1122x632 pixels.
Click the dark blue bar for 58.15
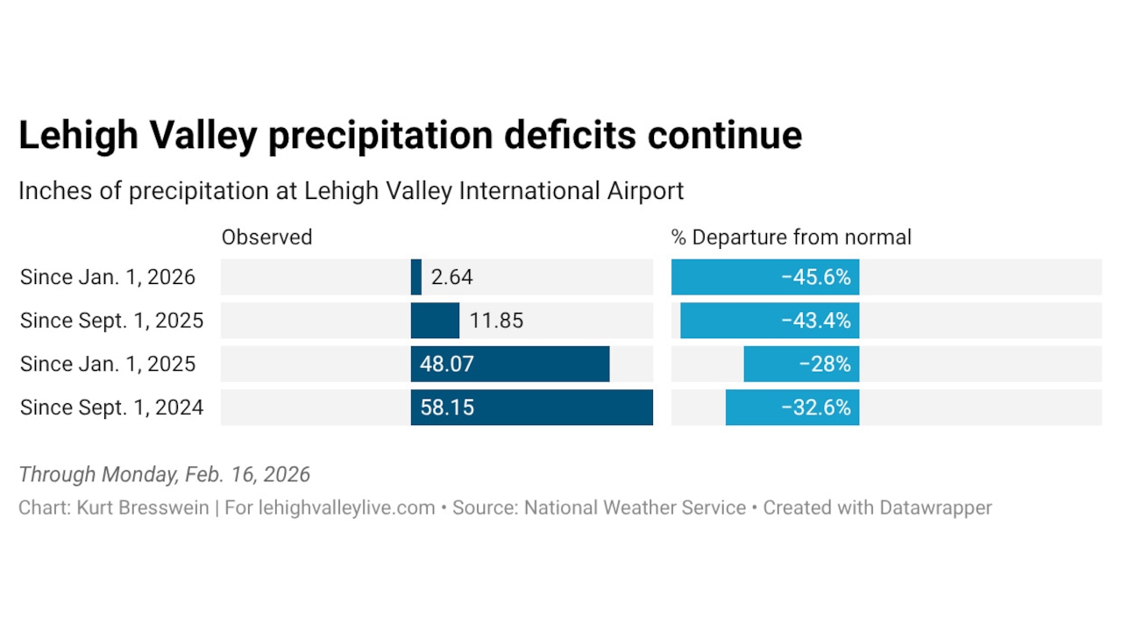531,408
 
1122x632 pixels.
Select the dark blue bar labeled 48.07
510,364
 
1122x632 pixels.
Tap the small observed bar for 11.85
435,321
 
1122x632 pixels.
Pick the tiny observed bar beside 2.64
416,277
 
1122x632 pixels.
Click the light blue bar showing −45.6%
764,277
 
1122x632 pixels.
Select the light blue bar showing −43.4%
770,321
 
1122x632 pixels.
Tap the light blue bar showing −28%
801,364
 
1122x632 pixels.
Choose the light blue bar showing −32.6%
792,408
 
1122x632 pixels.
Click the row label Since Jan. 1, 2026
108,277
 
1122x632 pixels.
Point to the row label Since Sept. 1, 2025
111,321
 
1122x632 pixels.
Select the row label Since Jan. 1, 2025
108,364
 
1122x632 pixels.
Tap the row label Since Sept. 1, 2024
111,408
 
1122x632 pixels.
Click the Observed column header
266,237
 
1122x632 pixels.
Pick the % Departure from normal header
791,237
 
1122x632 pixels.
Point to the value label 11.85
496,321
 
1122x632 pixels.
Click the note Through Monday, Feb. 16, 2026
164,474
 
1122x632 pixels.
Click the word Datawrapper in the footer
936,508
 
